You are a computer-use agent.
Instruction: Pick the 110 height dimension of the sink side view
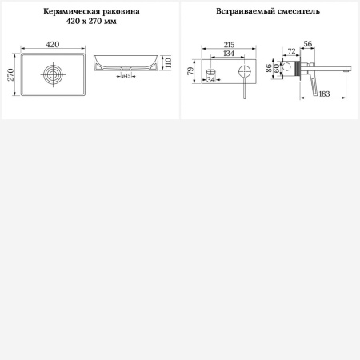pos(169,62)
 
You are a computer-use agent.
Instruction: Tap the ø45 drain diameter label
pos(126,75)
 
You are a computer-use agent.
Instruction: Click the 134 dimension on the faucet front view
pos(229,54)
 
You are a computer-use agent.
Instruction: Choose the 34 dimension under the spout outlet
pos(210,79)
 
